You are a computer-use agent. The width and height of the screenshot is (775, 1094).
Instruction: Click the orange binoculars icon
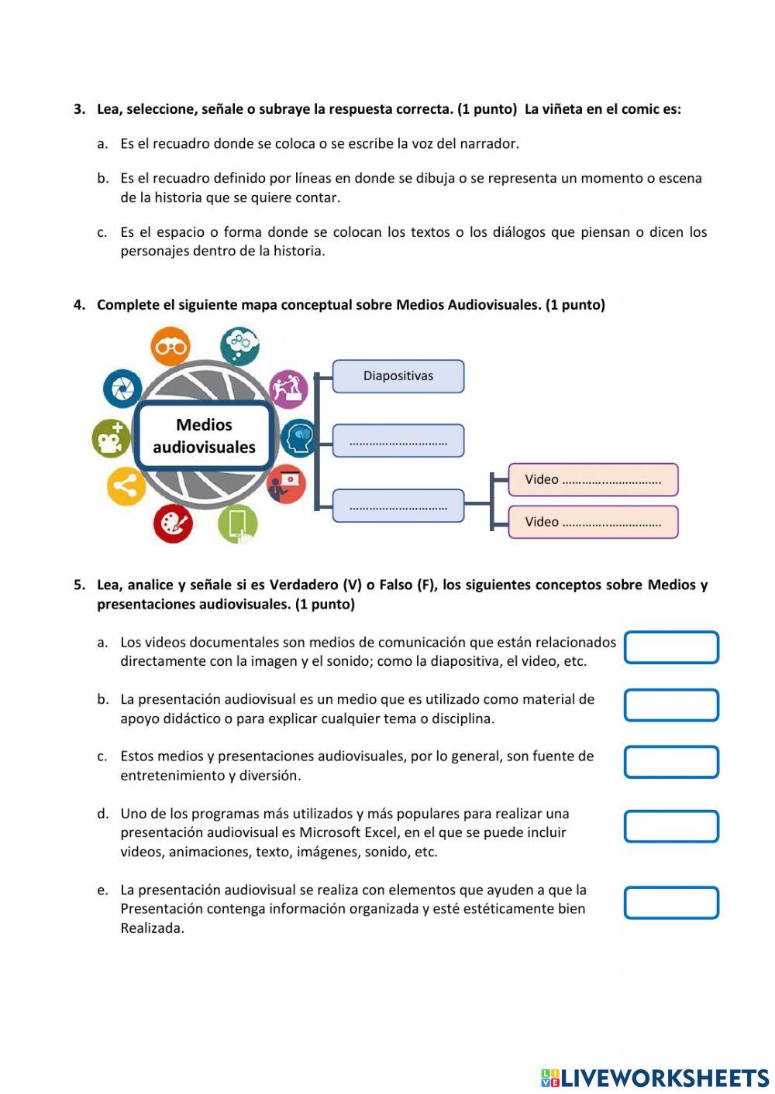point(170,347)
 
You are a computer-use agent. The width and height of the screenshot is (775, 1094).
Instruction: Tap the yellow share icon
point(126,486)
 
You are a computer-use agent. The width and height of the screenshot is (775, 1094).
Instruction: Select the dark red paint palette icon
point(173,523)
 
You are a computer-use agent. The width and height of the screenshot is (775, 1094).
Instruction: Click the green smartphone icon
point(238,524)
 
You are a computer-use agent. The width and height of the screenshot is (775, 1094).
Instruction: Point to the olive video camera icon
point(111,438)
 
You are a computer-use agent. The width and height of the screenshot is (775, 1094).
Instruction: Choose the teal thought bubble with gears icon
point(239,345)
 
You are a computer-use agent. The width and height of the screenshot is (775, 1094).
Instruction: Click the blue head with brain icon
point(299,438)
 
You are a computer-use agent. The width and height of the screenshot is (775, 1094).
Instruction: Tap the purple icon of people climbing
point(288,388)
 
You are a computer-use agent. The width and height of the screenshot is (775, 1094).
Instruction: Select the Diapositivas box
point(398,376)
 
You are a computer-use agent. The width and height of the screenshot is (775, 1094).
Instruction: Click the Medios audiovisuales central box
point(204,436)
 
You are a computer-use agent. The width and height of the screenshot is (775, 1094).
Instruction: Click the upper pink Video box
point(593,479)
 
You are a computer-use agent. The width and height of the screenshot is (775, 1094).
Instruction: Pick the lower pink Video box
point(593,522)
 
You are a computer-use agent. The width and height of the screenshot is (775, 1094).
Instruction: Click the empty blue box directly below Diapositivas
point(398,441)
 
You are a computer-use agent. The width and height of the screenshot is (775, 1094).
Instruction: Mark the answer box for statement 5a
point(671,647)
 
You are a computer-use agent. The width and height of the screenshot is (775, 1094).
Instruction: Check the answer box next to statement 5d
point(671,826)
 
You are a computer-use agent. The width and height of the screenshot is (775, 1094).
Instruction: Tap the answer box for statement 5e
point(671,903)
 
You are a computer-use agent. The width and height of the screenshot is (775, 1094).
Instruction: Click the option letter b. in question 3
point(103,178)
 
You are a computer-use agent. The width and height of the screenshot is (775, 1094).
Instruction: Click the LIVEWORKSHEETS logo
point(655,1077)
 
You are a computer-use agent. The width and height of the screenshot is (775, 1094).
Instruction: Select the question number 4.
point(79,304)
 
